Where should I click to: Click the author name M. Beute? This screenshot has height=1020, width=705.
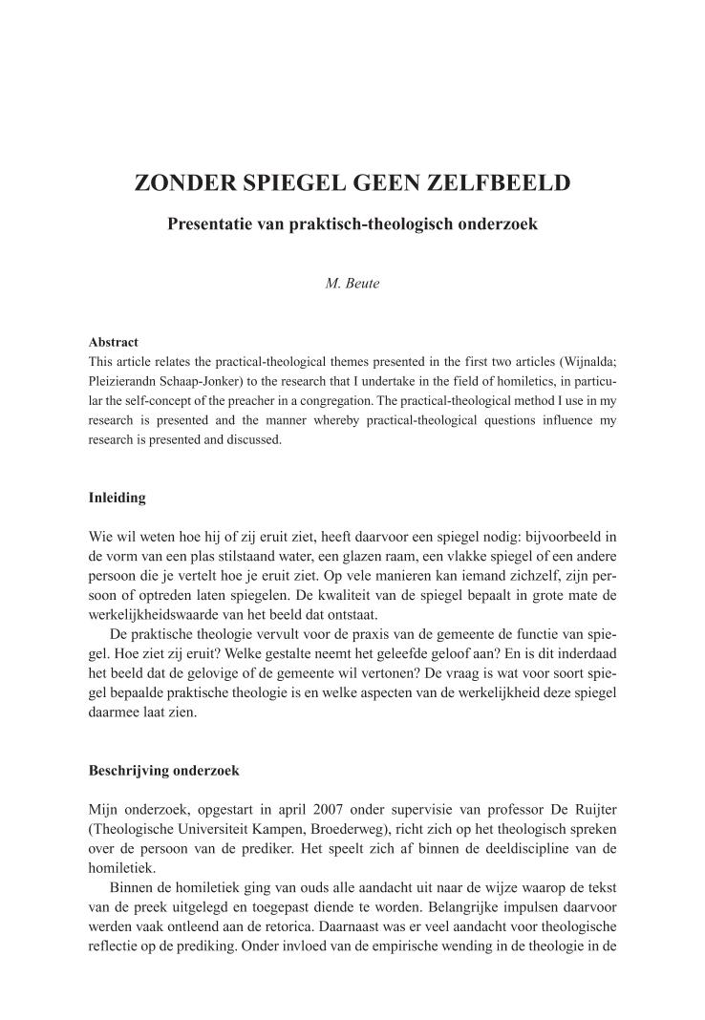coord(352,284)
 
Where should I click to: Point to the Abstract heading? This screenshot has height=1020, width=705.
coord(113,342)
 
